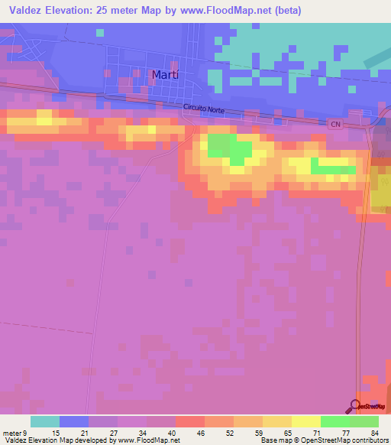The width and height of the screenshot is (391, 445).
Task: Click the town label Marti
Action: [166, 74]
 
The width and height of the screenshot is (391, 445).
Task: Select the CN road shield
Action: [335, 123]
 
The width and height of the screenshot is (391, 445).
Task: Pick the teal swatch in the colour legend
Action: [45, 421]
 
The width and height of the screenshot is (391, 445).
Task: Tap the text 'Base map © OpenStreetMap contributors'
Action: [324, 440]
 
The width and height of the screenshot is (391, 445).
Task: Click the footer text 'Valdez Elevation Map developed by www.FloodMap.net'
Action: [91, 440]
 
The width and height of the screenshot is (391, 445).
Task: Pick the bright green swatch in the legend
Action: [335, 421]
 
